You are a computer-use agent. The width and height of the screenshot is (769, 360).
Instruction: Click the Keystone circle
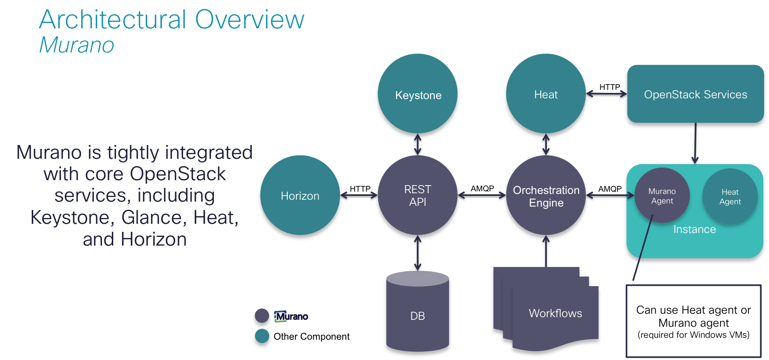tap(417, 94)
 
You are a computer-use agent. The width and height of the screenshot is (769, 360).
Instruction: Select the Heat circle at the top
tap(546, 94)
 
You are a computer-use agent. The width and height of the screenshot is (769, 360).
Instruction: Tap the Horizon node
tap(300, 195)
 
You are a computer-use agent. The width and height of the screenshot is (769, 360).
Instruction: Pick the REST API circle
tap(417, 195)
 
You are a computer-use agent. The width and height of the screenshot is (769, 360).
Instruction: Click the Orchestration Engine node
tap(546, 195)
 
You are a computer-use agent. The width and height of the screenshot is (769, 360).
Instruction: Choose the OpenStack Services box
tap(695, 94)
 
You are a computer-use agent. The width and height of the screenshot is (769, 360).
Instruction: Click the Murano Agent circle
tap(662, 195)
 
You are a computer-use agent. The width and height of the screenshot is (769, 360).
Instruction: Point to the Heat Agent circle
tap(730, 196)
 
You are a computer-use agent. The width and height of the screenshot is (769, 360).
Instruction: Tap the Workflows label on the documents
tap(555, 313)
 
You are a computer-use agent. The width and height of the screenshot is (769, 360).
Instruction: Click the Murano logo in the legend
tap(291, 316)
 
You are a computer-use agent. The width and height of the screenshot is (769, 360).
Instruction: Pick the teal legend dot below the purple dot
tap(262, 336)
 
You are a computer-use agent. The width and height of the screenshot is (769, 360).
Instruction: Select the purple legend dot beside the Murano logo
tap(262, 316)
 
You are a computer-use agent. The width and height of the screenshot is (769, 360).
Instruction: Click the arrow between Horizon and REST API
tap(359, 195)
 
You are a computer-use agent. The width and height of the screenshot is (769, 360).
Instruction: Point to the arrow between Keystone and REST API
tap(418, 144)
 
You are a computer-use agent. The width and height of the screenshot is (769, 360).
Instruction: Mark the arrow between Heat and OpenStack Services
tap(606, 94)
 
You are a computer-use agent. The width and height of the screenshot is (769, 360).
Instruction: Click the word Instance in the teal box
tap(694, 229)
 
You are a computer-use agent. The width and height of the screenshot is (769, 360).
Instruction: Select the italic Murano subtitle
tap(77, 45)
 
